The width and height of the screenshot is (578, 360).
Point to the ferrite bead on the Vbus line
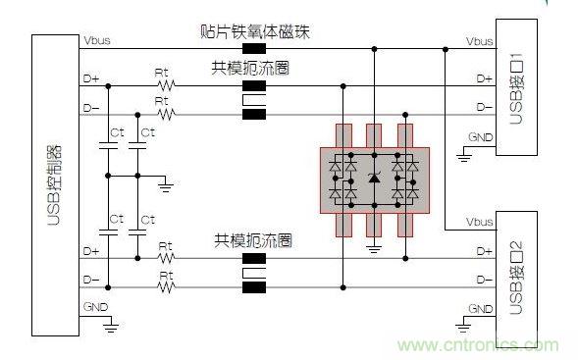click(x=258, y=45)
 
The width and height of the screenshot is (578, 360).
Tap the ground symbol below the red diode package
click(x=373, y=248)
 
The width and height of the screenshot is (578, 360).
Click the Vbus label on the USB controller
click(x=96, y=40)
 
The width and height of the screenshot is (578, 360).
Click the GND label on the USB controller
click(x=94, y=306)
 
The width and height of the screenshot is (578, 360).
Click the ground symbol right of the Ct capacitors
click(x=165, y=182)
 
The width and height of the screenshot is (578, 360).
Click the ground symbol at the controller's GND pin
click(x=115, y=323)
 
